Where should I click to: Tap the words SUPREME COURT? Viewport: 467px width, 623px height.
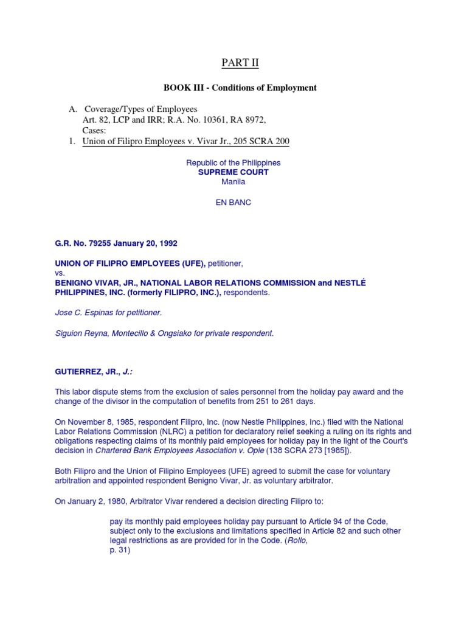pos(233,172)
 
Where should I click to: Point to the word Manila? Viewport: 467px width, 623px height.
pos(233,181)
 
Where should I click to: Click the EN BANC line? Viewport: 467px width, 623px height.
pos(233,203)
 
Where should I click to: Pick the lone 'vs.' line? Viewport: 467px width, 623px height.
pos(60,273)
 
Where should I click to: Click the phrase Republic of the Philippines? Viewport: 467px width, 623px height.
pos(233,163)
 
